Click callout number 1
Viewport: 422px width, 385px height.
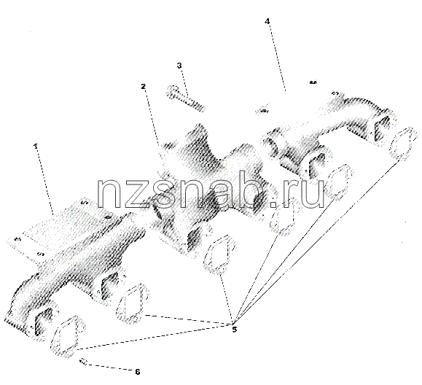tap(35, 146)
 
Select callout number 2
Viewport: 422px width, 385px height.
tap(143, 86)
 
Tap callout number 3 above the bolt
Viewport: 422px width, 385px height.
tap(179, 66)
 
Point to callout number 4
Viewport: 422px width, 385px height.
tap(267, 21)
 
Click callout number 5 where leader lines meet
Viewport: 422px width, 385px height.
tap(235, 330)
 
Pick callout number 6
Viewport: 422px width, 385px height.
tap(138, 372)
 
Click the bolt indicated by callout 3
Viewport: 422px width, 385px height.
tap(185, 98)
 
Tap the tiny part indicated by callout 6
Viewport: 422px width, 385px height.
tap(83, 362)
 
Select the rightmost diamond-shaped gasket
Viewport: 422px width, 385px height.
tap(402, 144)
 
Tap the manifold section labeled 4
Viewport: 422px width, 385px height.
tap(328, 132)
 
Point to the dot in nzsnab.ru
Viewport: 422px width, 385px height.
tap(273, 204)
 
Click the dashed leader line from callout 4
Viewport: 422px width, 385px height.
tap(277, 57)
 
